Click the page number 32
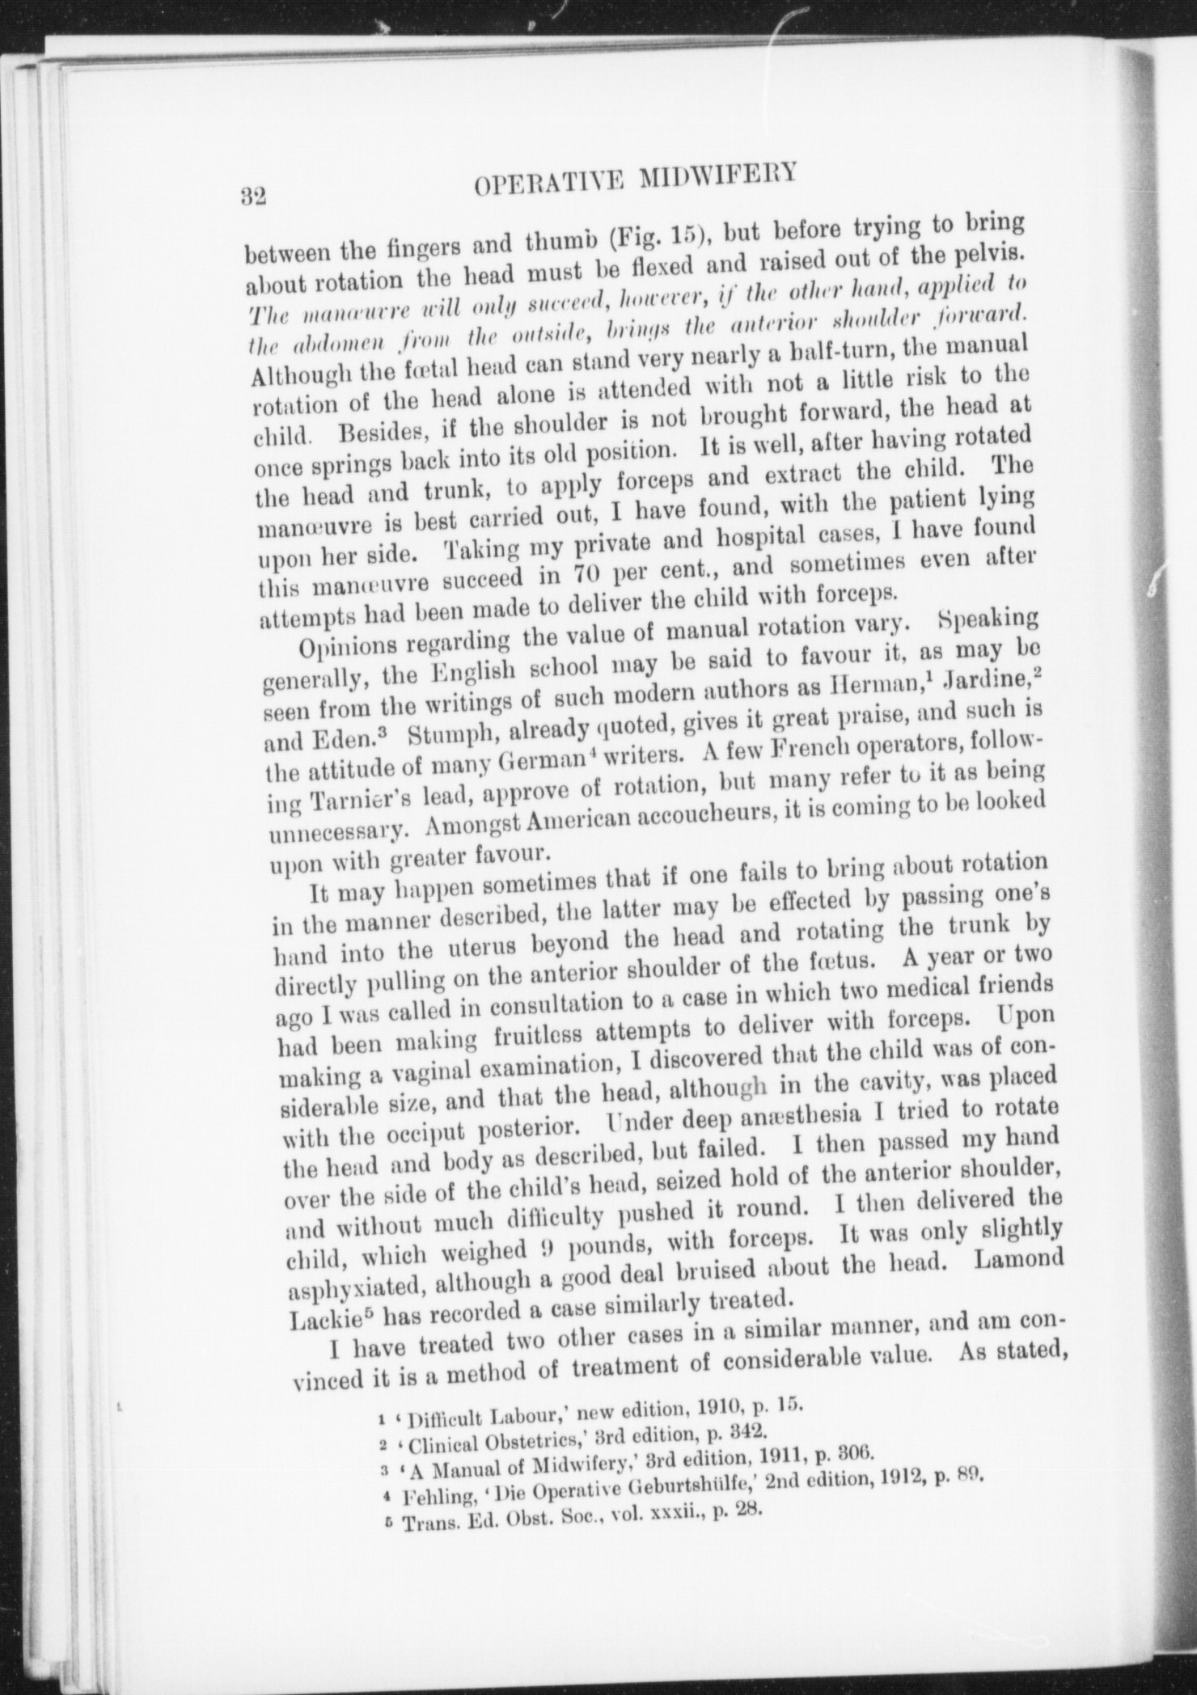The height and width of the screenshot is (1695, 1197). click(x=253, y=197)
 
